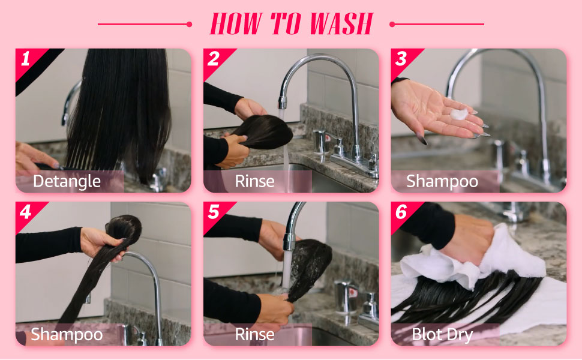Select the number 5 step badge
coord(214,212)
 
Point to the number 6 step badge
coord(401,212)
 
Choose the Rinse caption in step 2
coord(254,181)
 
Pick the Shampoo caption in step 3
coord(442,181)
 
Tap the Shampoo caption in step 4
coord(67,334)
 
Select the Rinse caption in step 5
coord(254,334)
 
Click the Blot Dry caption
coord(443,334)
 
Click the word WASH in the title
coord(341,25)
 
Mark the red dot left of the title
coord(190,25)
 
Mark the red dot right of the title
coord(392,25)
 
